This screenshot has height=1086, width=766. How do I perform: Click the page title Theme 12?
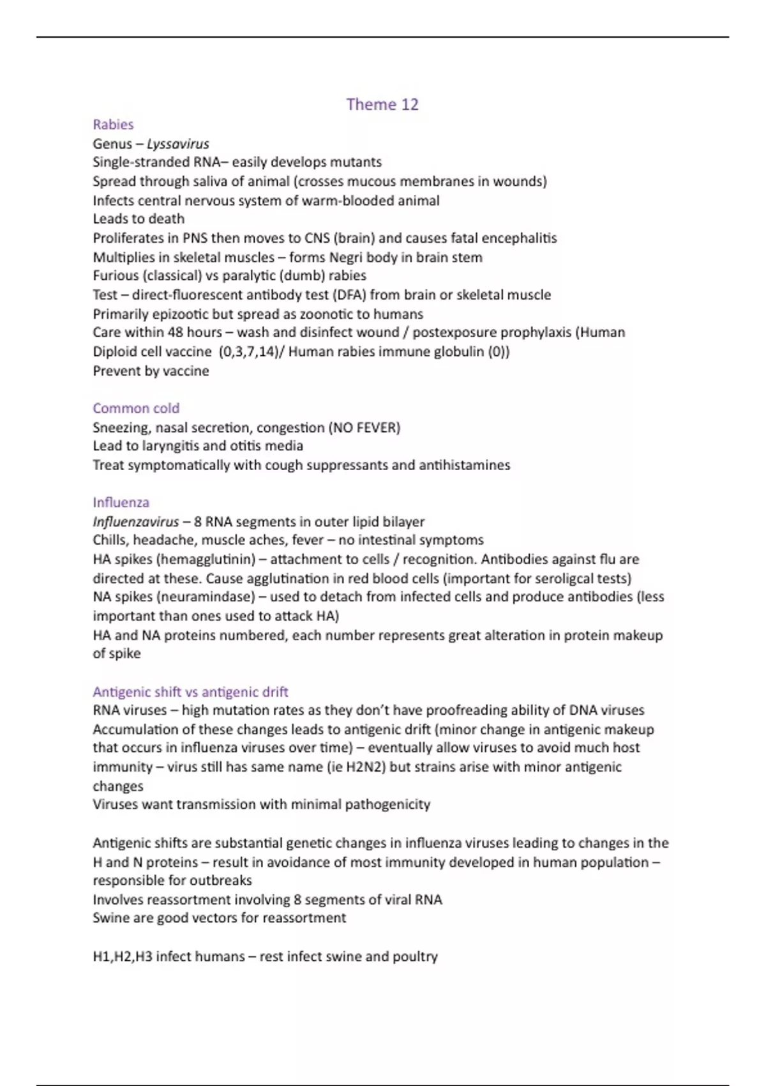tap(382, 104)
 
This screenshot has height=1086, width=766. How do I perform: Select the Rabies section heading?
tap(113, 125)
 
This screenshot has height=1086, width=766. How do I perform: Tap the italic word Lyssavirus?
tap(177, 144)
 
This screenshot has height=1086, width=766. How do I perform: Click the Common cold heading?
tap(136, 408)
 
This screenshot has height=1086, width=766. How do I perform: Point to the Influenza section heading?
tap(121, 503)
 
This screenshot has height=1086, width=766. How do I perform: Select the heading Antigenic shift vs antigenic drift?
tap(190, 692)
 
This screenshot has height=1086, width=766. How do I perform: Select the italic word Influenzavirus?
tap(136, 522)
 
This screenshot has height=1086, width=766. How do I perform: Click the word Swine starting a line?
tap(110, 918)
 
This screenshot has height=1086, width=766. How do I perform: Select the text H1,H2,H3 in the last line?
tap(122, 957)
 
